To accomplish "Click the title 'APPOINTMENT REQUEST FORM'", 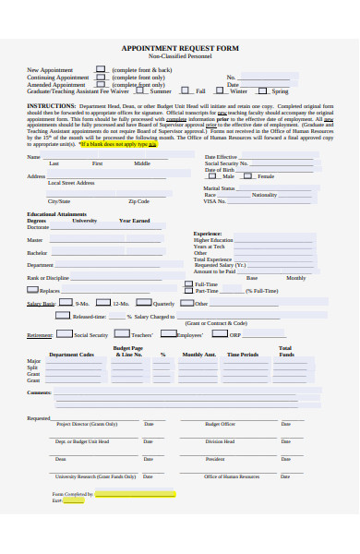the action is pyautogui.click(x=179, y=48).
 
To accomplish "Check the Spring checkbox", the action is pyautogui.click(x=262, y=91).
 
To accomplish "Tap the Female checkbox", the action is pyautogui.click(x=252, y=176).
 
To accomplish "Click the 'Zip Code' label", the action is pyautogui.click(x=138, y=201).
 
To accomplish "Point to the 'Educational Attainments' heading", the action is pyautogui.click(x=57, y=213).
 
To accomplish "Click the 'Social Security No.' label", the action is pyautogui.click(x=225, y=163).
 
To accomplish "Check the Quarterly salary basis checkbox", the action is pyautogui.click(x=145, y=303).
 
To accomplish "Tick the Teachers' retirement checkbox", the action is pyautogui.click(x=123, y=335).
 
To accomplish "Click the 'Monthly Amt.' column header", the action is pyautogui.click(x=198, y=355).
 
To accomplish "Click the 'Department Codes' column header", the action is pyautogui.click(x=71, y=355).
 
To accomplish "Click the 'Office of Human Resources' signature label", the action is pyautogui.click(x=232, y=476).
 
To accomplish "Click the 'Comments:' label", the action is pyautogui.click(x=40, y=392).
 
